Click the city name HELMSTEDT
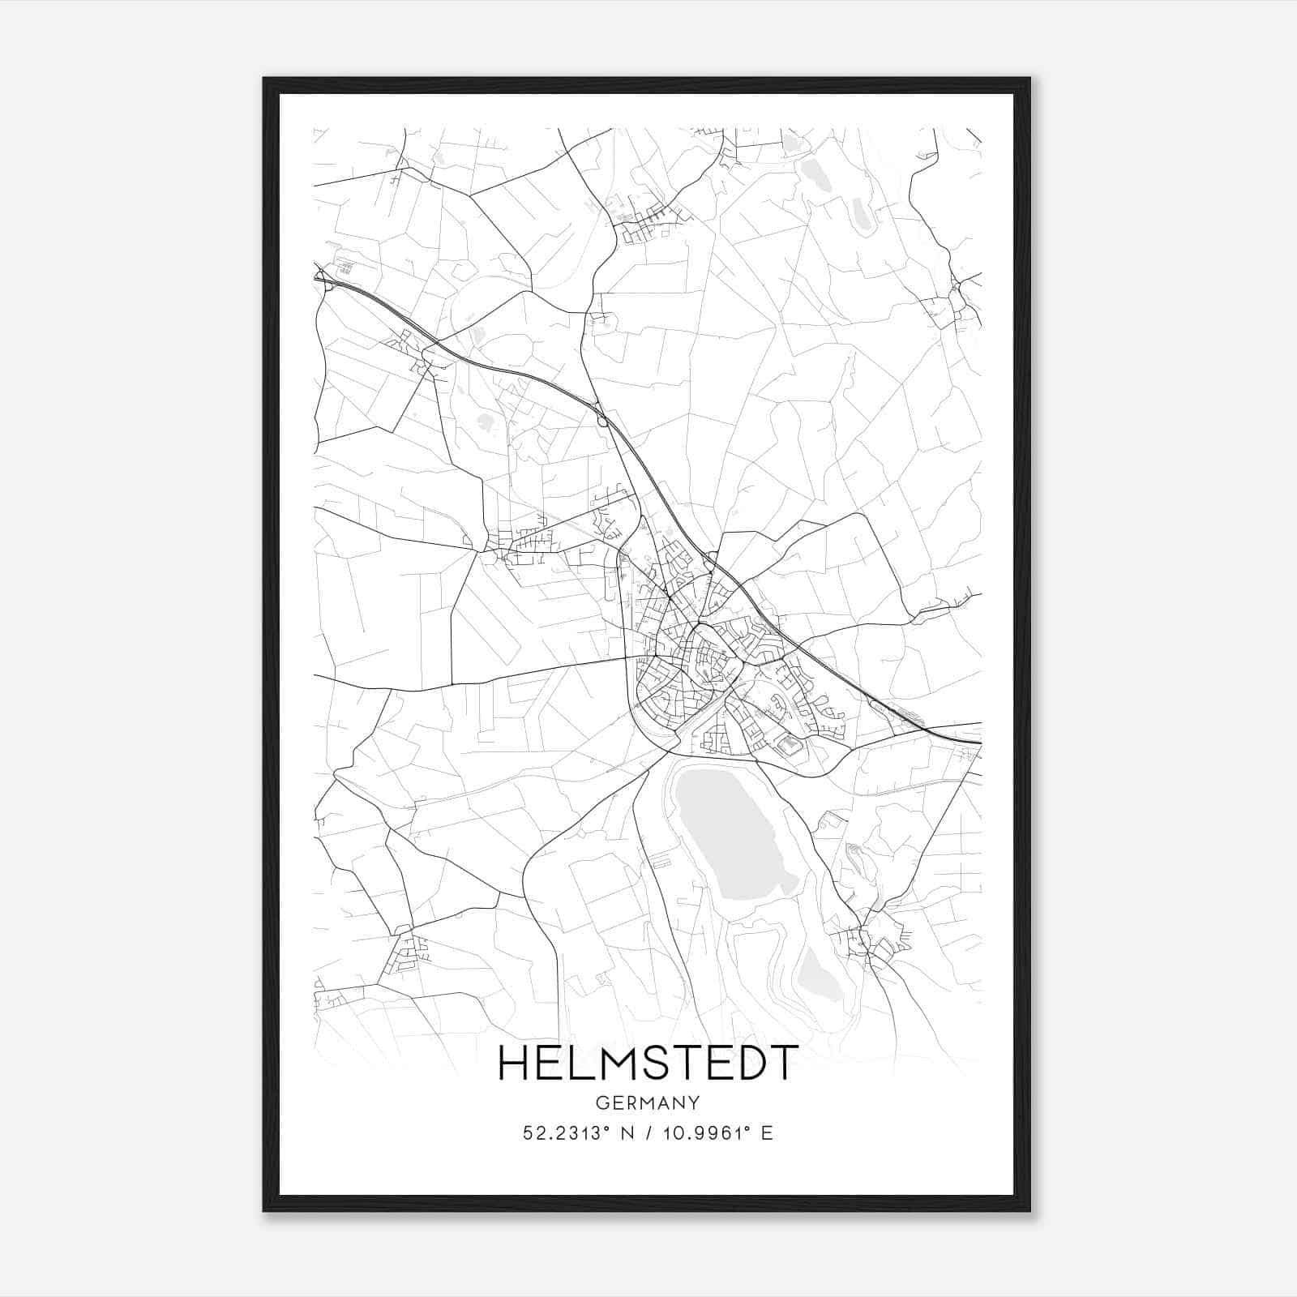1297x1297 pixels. pos(648,1064)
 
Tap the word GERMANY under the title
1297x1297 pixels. pos(648,1102)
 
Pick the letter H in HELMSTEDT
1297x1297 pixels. pos(515,1064)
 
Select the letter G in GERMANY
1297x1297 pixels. pos(601,1102)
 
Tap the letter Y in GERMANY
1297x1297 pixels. pos(695,1102)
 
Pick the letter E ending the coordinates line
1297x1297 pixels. pos(767,1133)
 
